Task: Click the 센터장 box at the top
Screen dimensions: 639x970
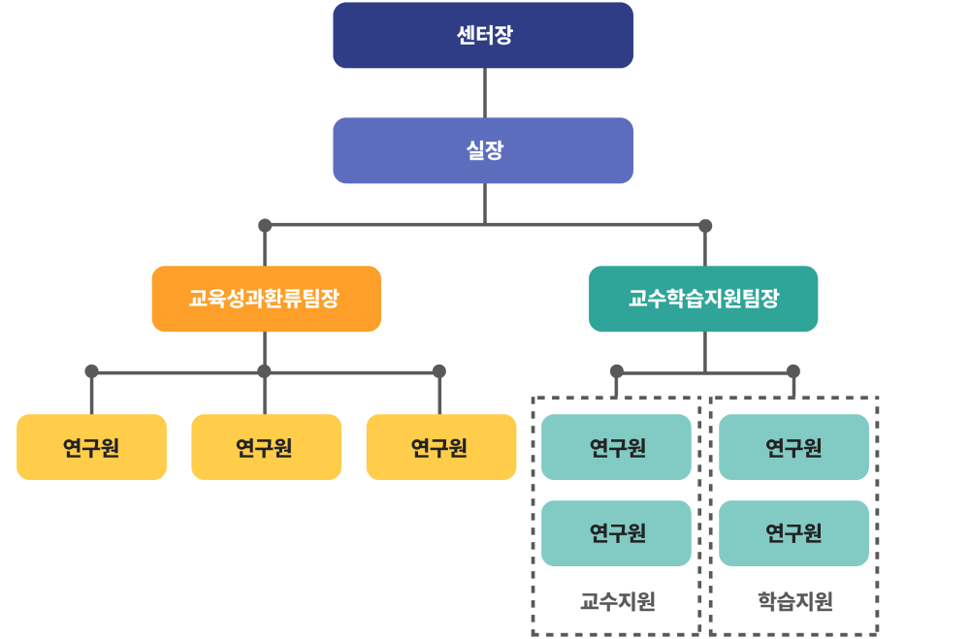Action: coord(483,36)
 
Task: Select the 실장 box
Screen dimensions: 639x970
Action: coord(483,151)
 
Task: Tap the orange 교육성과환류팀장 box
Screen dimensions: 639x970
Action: coord(266,299)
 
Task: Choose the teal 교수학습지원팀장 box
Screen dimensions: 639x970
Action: coord(703,299)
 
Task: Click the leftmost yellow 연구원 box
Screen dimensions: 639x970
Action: coord(91,448)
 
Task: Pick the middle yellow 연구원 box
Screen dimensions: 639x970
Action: coord(266,448)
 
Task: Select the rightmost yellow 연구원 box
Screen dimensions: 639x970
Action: coord(440,448)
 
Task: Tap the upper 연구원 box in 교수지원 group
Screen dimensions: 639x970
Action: coord(616,448)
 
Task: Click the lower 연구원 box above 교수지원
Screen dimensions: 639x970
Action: coord(616,533)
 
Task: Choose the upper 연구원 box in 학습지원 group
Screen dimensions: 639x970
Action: coord(793,448)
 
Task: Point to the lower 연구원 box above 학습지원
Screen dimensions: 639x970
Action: coord(793,533)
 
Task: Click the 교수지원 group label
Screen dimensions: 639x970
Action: coord(617,602)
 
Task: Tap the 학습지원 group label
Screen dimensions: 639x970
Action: coord(794,602)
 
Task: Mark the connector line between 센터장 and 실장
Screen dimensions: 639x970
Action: coord(484,93)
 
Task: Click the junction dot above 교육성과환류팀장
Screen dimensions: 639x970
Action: coord(265,226)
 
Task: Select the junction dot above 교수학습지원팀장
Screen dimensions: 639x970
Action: coord(705,226)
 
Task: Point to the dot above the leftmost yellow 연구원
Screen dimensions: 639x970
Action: coord(91,371)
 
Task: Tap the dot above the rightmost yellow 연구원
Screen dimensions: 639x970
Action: coord(439,371)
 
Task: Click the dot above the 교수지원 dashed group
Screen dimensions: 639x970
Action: coord(617,371)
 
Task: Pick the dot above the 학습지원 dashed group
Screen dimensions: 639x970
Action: coord(793,371)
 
